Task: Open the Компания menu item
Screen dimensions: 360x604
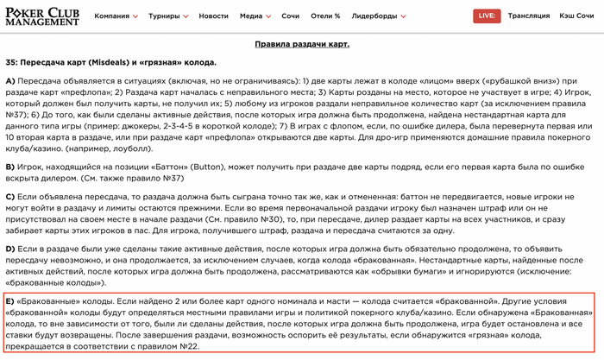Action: [116, 16]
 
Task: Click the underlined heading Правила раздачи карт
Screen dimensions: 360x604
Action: [302, 44]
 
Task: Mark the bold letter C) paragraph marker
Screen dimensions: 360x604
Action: [11, 198]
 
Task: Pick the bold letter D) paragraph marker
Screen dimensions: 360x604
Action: [11, 249]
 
